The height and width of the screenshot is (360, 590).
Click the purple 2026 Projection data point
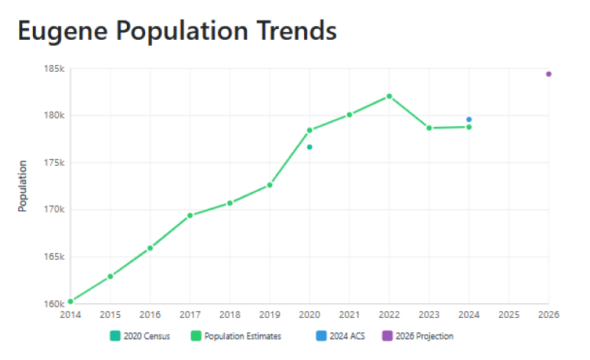pyautogui.click(x=549, y=74)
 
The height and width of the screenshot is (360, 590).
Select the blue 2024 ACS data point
pyautogui.click(x=469, y=119)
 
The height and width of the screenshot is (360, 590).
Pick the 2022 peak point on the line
pyautogui.click(x=389, y=96)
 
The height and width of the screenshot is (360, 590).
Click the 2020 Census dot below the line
pyautogui.click(x=310, y=147)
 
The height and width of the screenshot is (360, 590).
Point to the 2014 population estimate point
pyautogui.click(x=70, y=301)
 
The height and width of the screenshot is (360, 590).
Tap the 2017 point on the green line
pyautogui.click(x=190, y=216)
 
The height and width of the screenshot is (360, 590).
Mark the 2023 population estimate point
pyautogui.click(x=429, y=128)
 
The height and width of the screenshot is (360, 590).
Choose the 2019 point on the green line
pyautogui.click(x=270, y=185)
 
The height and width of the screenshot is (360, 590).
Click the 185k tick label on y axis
pyautogui.click(x=54, y=69)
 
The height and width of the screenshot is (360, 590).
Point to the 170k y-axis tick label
pyautogui.click(x=54, y=209)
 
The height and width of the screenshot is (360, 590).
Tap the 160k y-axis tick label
pyautogui.click(x=54, y=303)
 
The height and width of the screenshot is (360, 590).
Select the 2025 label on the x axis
pyautogui.click(x=509, y=315)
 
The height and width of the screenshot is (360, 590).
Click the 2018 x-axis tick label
pyautogui.click(x=229, y=315)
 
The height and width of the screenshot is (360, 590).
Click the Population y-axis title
pyautogui.click(x=23, y=186)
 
